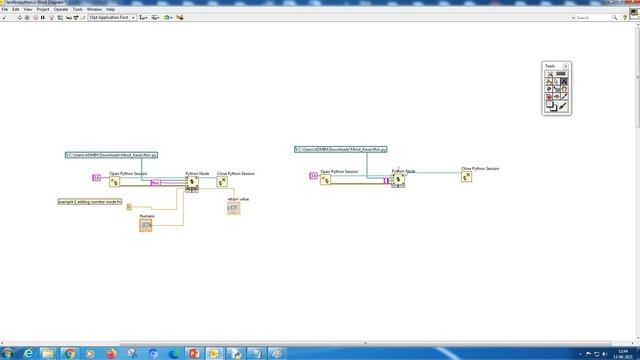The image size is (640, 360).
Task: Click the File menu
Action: coord(5,9)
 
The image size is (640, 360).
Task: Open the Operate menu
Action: coord(62,9)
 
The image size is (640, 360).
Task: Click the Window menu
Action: coord(94,9)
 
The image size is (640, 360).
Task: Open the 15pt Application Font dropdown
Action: coord(111,18)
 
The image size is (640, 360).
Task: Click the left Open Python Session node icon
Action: coord(114,181)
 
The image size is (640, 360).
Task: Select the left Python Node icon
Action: coord(192,182)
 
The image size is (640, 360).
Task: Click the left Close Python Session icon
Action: coord(223,182)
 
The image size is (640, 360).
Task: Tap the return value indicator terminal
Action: coord(233,208)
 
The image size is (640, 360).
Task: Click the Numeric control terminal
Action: coord(146,226)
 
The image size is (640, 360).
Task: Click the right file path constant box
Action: coord(341,149)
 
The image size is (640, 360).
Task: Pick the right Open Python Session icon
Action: coord(326,178)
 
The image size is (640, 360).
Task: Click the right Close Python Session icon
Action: coord(466,177)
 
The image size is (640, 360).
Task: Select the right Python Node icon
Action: coord(398,180)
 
